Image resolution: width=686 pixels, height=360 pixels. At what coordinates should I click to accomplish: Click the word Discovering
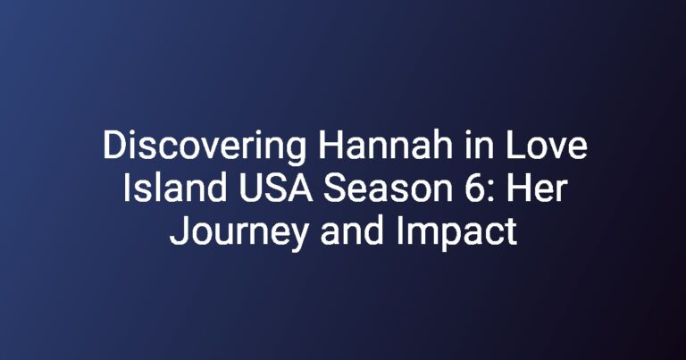pyautogui.click(x=205, y=147)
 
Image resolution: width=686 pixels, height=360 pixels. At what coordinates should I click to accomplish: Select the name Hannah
pyautogui.click(x=385, y=146)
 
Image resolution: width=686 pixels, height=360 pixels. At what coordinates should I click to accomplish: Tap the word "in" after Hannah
pyautogui.click(x=479, y=146)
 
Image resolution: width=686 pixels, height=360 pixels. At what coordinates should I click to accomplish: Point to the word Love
pyautogui.click(x=546, y=146)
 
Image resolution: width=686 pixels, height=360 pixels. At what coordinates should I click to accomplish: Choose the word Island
pyautogui.click(x=174, y=188)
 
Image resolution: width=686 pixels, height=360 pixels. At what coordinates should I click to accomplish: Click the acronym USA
pyautogui.click(x=276, y=188)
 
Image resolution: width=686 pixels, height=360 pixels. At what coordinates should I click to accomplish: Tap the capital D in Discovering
pyautogui.click(x=114, y=146)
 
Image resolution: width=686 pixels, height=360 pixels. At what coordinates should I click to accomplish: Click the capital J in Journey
pyautogui.click(x=178, y=231)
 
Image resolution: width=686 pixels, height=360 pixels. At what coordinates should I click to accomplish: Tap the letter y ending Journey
pyautogui.click(x=297, y=239)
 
